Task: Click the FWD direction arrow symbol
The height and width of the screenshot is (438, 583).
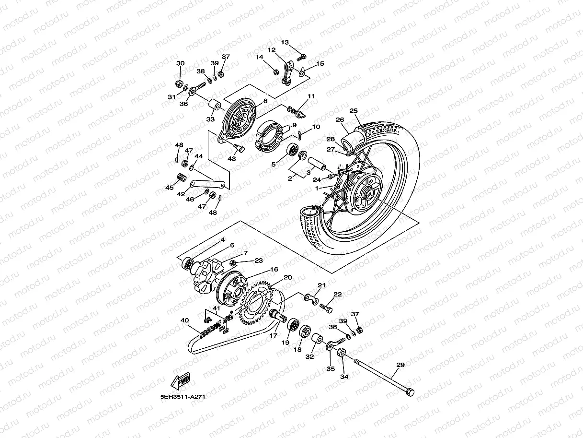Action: pos(181,382)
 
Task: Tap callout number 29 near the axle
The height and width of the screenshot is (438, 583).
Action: pos(400,365)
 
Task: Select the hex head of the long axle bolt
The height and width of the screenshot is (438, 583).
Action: pos(410,392)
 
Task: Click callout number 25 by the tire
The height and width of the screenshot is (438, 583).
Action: pos(354,111)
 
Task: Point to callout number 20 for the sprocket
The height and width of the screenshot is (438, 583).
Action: pos(287,277)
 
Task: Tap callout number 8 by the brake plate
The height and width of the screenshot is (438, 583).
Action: pos(265,101)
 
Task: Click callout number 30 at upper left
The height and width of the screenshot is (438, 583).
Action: pos(180,63)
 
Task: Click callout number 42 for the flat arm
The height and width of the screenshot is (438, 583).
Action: pos(181,194)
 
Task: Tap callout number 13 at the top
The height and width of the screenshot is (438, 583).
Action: pos(285,42)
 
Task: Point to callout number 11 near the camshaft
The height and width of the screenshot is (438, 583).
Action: pos(311,96)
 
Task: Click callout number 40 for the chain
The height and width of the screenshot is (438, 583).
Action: pos(185,320)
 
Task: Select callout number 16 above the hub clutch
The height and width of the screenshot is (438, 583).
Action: pos(274,270)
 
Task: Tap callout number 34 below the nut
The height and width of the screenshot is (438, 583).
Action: pos(344,377)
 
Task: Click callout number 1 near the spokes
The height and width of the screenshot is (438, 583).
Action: pos(316,188)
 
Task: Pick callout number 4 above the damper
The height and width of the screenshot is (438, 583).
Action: pos(222,239)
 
